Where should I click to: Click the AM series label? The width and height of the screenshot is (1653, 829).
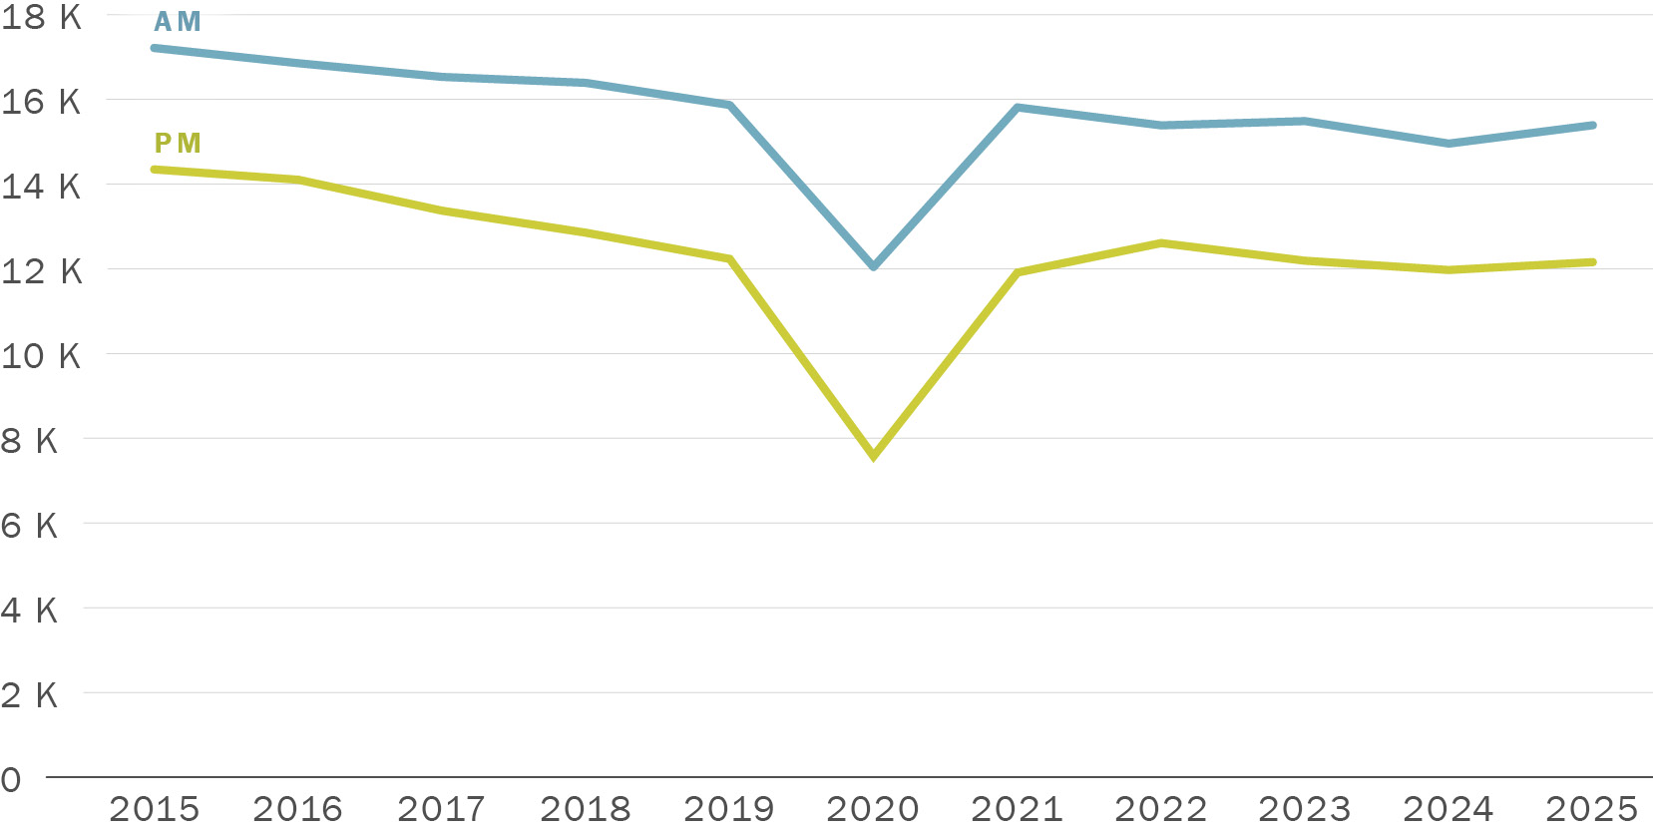pos(178,22)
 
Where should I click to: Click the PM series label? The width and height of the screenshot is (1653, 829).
pos(178,144)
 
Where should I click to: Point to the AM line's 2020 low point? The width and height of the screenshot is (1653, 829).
pos(874,266)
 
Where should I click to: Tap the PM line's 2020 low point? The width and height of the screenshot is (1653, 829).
pos(874,456)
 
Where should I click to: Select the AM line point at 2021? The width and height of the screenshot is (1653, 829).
pos(1018,108)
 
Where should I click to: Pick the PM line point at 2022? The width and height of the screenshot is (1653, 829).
pos(1161,243)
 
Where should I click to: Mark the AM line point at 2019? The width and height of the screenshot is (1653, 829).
pos(730,105)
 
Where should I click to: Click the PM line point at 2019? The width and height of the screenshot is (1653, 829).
pos(730,259)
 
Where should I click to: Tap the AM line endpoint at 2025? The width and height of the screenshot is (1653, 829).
pos(1592,126)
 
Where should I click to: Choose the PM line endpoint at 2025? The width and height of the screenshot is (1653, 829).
pos(1592,262)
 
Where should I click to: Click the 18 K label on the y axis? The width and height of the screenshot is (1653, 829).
pos(41,17)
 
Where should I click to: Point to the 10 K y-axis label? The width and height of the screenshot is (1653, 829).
pos(41,356)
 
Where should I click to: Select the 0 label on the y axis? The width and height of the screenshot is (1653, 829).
pos(11,780)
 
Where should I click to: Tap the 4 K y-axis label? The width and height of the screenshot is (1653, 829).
pos(30,611)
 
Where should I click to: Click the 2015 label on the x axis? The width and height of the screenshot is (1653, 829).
pos(155,808)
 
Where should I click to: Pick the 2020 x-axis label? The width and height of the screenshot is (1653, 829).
pos(873,808)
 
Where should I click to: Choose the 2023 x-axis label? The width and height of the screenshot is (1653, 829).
pos(1305,808)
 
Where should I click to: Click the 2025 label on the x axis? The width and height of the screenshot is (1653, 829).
pos(1592,808)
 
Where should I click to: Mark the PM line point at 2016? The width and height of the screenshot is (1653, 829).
pos(298,180)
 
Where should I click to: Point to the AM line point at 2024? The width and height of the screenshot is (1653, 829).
pos(1448,144)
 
